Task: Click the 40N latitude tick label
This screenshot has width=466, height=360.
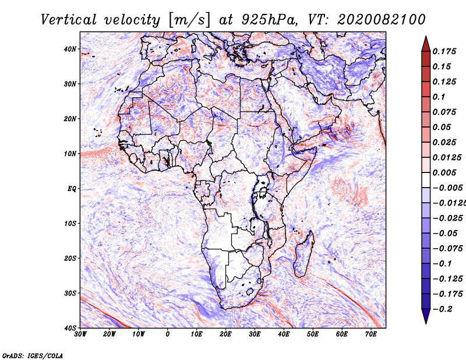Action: coord(70,49)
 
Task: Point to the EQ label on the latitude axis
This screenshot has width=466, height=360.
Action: coord(72,189)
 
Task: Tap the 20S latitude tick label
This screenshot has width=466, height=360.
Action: coord(70,258)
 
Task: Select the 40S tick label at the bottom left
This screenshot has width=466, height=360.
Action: coord(70,328)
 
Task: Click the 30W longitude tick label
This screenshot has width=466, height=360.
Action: coord(80,334)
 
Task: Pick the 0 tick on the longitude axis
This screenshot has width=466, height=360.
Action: coord(168,334)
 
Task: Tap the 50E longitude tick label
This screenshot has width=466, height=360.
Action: coord(313,334)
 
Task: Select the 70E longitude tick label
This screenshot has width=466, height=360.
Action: coord(371,334)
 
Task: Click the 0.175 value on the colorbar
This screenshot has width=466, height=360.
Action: coord(444,52)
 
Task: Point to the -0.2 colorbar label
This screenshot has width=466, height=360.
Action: coord(443,309)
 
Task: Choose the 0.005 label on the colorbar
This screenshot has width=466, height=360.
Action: coord(444,172)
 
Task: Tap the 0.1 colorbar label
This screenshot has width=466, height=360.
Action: coord(439,97)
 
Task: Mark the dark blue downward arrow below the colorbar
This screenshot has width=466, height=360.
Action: coord(426,316)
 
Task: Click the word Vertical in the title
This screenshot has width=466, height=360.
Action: coord(69,20)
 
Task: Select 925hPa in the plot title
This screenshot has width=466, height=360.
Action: coord(269,20)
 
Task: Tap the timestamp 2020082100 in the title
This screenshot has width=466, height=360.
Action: coord(382,20)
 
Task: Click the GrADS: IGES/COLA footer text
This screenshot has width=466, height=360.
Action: coord(33,355)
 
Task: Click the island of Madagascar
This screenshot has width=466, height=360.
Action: coord(303,254)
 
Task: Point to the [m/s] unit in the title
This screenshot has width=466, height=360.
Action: coord(189,20)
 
